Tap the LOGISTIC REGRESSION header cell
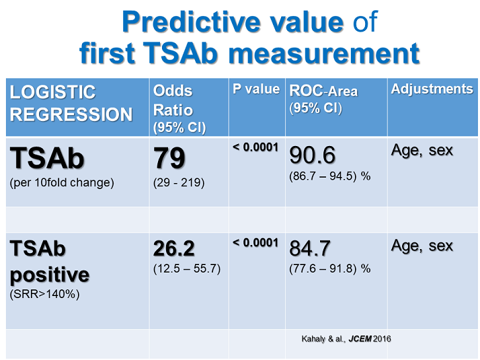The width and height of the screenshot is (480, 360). click(x=71, y=103)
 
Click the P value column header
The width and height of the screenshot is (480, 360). click(x=256, y=89)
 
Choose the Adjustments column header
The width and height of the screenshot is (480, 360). click(x=432, y=89)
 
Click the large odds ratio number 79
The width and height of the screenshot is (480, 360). click(x=169, y=158)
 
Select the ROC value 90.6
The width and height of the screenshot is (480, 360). click(x=312, y=155)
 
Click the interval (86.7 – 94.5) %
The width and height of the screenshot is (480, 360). click(x=330, y=176)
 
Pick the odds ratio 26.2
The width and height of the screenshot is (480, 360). click(x=174, y=249)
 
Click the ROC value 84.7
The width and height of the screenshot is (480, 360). click(x=310, y=249)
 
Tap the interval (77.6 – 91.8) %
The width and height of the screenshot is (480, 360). click(x=330, y=268)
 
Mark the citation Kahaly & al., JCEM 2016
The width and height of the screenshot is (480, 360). click(x=345, y=338)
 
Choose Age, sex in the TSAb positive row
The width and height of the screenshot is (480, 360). click(x=422, y=246)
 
